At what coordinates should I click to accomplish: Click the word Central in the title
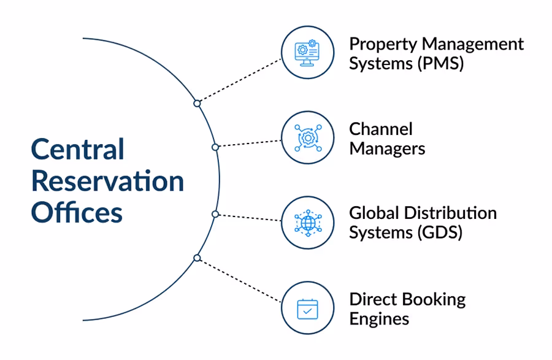(x=78, y=150)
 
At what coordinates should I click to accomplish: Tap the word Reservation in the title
(x=107, y=181)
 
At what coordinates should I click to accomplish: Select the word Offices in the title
(x=77, y=212)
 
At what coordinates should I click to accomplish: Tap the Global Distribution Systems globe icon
(x=307, y=223)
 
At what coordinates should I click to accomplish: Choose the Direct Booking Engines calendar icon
(x=307, y=308)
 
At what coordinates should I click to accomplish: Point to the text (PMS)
(x=440, y=64)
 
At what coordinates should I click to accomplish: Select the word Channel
(x=381, y=129)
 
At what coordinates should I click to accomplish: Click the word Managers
(x=387, y=148)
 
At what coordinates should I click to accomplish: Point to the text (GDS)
(x=440, y=233)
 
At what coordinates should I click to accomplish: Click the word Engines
(x=379, y=319)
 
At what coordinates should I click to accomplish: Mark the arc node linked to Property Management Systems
(x=197, y=104)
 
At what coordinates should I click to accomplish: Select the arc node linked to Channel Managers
(x=215, y=147)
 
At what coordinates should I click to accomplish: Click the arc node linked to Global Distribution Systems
(x=215, y=214)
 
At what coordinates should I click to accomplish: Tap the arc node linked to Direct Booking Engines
(x=197, y=258)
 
